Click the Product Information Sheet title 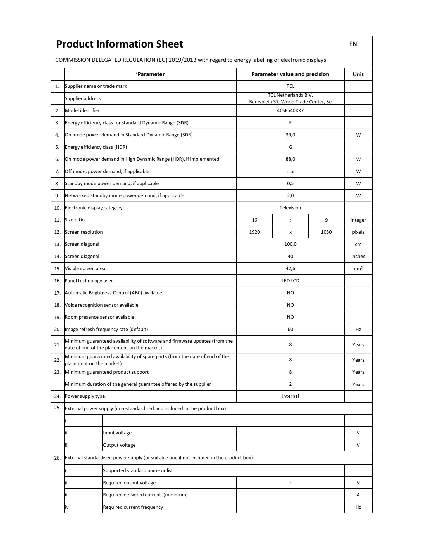tap(120, 44)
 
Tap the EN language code tap(353, 44)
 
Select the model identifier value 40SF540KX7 tap(290, 110)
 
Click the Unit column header tap(358, 74)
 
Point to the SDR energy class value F tap(290, 123)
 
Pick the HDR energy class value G tap(290, 147)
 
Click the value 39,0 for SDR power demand tap(290, 135)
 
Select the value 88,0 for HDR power tap(290, 159)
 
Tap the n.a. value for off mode tap(290, 171)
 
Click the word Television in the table tap(290, 208)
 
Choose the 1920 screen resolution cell tap(254, 232)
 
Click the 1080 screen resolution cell tap(326, 232)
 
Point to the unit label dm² tap(358, 268)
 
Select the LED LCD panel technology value tap(290, 281)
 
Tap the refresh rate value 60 tap(290, 329)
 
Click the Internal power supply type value tap(290, 396)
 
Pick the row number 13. tap(57, 244)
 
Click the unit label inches tap(358, 256)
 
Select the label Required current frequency tap(133, 507)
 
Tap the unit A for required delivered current tap(358, 495)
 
